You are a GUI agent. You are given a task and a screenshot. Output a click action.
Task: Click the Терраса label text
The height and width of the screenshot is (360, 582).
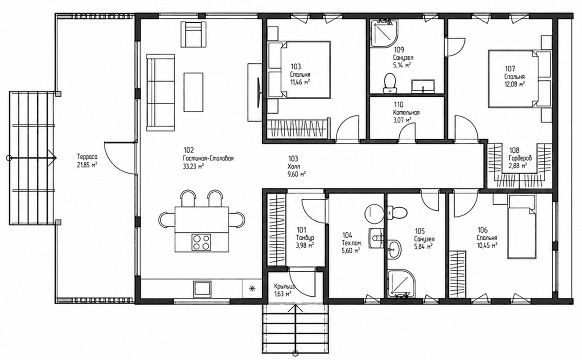coord(87,157)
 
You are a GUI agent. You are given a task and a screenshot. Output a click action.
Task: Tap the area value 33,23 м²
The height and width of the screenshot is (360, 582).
coord(193,167)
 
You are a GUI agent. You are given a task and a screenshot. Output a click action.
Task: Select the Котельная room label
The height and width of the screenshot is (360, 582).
coord(406,113)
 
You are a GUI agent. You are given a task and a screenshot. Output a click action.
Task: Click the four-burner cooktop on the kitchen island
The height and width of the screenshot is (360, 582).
coord(201,242)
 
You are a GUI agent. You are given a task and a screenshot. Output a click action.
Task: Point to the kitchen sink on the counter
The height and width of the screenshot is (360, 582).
coord(202,289)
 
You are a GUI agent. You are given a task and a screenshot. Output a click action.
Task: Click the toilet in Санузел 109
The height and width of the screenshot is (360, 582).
coord(390,83)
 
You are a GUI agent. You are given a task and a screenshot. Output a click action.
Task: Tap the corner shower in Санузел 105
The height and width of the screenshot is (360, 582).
coord(401,283)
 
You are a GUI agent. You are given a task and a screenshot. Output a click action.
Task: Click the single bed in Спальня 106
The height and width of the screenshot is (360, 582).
coord(521,227)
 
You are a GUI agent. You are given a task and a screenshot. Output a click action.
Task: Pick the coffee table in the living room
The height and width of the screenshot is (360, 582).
coord(193,92)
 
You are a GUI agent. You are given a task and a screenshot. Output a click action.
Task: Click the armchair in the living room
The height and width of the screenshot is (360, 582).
coord(194,34)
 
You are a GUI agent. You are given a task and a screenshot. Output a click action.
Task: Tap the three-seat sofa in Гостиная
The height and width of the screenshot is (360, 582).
coord(160,92)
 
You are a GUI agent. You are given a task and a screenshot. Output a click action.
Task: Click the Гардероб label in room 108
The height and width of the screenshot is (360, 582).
coord(520,158)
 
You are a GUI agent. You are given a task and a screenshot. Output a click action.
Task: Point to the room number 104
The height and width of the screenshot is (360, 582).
coord(348,235)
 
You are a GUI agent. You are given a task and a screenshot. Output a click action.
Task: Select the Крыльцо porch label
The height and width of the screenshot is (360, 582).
coord(285,286)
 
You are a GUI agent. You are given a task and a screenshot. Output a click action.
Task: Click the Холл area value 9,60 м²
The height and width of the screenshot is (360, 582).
coord(296,174)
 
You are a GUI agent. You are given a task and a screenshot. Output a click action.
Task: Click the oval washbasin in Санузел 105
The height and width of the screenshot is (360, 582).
coord(395,249)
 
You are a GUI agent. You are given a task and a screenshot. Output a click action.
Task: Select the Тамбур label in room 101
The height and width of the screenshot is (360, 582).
coord(305,237)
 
